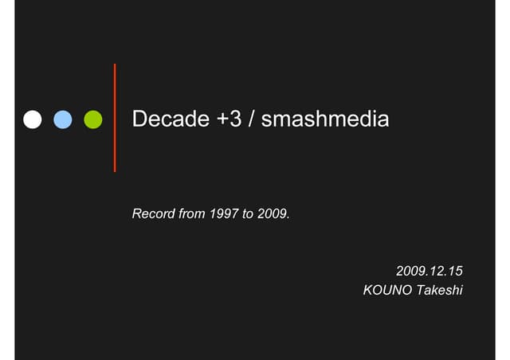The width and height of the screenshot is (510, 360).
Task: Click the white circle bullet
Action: coord(33,119)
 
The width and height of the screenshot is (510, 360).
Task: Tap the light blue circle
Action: coord(63,119)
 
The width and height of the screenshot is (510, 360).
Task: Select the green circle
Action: coord(93,119)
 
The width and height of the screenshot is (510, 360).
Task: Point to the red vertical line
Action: coord(115,117)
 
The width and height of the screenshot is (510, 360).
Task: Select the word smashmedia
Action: coord(325,120)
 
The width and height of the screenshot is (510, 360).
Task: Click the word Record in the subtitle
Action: coord(153,215)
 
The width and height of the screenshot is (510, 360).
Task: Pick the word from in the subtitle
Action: coord(194,215)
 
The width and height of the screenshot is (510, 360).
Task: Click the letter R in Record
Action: coord(136,215)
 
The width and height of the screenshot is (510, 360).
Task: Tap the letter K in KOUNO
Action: coord(368,291)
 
